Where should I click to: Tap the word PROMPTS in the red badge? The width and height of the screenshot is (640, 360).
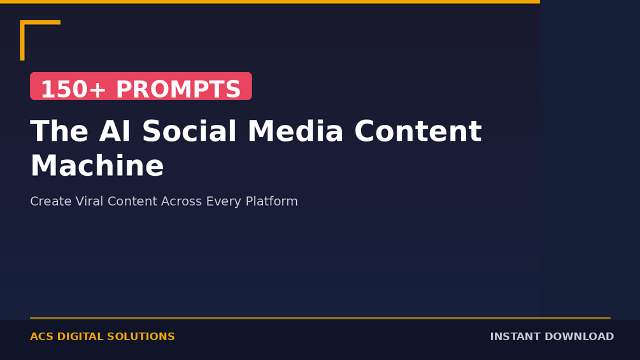[x=178, y=89]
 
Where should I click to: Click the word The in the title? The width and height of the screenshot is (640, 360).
[x=59, y=131]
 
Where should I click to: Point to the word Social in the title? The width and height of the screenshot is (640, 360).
[x=189, y=131]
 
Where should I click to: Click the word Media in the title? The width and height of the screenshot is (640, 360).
[x=295, y=131]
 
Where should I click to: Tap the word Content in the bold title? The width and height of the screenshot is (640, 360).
[x=418, y=131]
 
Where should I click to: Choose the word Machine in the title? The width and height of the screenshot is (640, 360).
[x=97, y=165]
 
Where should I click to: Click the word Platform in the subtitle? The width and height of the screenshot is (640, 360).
[x=272, y=201]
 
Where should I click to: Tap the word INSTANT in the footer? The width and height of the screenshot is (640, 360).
[x=515, y=336]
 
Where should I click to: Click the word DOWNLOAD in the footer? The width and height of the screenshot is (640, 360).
[x=579, y=336]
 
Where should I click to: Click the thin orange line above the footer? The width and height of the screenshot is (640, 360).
[x=320, y=317]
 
